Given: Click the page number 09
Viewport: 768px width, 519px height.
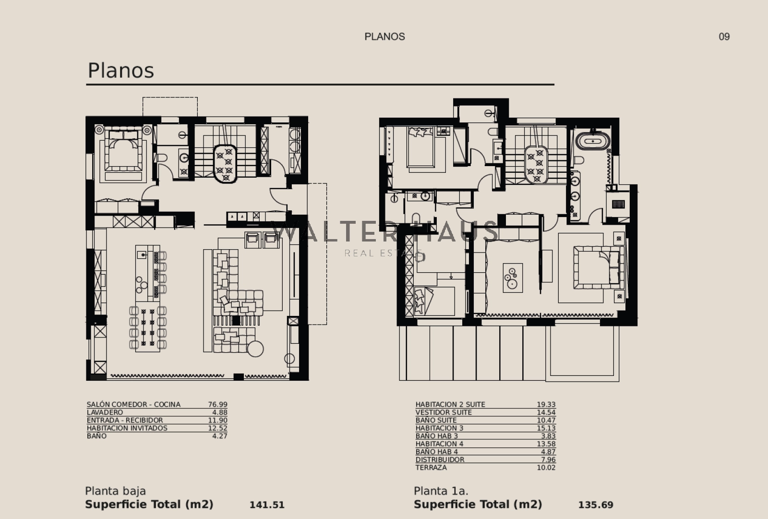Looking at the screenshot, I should point(724,36).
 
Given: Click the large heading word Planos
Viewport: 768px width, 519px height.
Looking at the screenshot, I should point(120,71).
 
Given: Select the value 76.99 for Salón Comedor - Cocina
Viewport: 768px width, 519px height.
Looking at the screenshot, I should point(217,405).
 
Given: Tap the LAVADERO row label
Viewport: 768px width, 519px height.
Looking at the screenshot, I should point(105,412).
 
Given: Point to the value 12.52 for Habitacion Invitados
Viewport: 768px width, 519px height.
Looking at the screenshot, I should point(217,428).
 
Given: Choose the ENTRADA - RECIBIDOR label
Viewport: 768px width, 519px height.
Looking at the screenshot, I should point(125,420).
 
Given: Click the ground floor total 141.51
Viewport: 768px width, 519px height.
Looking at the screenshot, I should point(267,505).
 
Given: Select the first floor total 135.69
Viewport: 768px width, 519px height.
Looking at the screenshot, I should point(596,505).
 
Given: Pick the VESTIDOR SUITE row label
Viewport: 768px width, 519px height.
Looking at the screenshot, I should point(444,412).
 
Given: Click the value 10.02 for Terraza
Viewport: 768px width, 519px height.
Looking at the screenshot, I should point(546,468).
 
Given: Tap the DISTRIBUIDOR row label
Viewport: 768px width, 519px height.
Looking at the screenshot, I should point(440,460).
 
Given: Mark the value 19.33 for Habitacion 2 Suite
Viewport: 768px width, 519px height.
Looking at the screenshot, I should point(546,405).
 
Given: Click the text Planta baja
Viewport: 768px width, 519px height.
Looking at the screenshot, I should point(115,491).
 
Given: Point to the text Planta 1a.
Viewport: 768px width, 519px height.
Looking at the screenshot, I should point(441,491).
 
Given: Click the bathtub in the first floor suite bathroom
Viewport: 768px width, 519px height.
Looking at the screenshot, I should point(593,142).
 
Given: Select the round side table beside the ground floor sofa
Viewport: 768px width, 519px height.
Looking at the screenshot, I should point(255,349).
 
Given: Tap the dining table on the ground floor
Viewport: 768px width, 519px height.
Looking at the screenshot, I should point(147,328).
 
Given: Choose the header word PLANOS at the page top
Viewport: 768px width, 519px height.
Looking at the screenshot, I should point(384,36).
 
